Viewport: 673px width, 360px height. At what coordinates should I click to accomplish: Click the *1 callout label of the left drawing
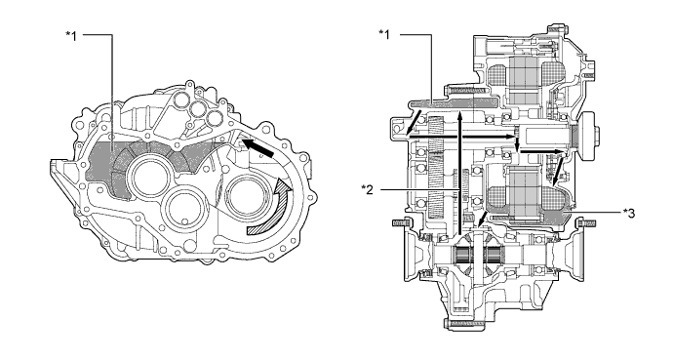coord(71,36)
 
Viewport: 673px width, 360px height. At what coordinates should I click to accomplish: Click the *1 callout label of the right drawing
coord(384,34)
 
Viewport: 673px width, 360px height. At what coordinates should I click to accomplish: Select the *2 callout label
coord(368,189)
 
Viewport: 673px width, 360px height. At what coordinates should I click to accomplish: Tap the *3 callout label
coord(628,213)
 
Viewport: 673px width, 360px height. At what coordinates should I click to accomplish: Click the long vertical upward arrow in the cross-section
coord(459,172)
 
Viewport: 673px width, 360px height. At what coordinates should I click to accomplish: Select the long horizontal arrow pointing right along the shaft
coord(461,137)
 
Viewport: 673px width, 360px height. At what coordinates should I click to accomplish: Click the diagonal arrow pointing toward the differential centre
coord(483,219)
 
